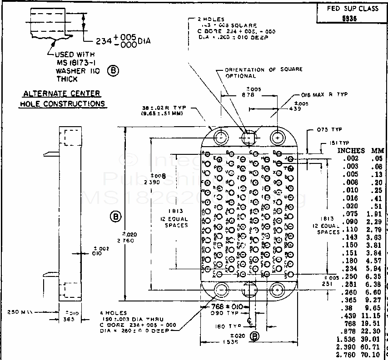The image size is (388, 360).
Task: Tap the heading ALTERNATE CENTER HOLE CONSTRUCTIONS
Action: click(x=62, y=99)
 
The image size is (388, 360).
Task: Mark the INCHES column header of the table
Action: click(x=351, y=150)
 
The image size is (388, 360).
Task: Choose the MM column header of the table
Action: click(x=378, y=150)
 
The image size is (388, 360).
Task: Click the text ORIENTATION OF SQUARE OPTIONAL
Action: click(x=264, y=73)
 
